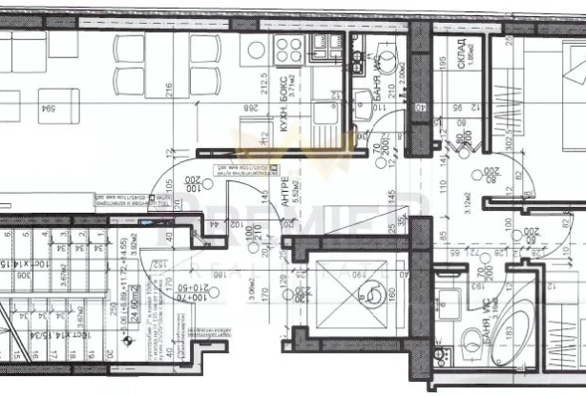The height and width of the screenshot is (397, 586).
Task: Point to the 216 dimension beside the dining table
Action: tap(168, 94)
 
